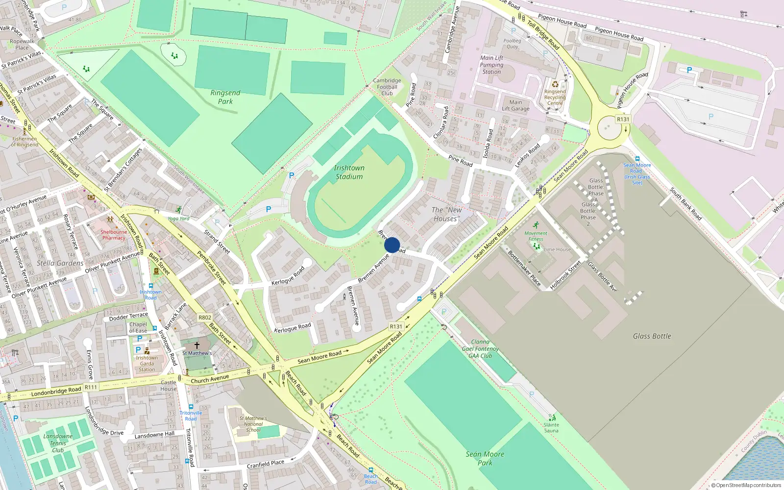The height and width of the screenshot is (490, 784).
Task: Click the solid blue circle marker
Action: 392,245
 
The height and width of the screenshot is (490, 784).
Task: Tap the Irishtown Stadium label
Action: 349,172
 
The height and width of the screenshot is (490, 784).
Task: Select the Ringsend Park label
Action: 225,97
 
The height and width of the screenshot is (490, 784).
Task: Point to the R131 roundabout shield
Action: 623,119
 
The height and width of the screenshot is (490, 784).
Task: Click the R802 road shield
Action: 205,318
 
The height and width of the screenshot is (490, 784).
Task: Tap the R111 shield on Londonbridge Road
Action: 91,387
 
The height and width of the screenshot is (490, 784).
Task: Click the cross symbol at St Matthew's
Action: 197,345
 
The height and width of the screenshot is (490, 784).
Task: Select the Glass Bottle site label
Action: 652,336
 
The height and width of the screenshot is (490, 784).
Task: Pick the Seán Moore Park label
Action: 485,458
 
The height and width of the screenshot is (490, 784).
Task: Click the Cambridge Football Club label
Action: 387,87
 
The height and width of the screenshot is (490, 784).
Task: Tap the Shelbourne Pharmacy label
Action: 114,235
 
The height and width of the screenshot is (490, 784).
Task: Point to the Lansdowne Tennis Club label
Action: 58,443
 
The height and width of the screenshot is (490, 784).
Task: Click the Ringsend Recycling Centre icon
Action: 555,84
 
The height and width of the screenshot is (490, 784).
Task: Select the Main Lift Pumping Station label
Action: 491,65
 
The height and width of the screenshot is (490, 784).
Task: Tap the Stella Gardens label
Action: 60,263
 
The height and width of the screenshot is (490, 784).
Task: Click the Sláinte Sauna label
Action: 551,428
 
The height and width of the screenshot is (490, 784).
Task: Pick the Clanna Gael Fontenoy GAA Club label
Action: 480,349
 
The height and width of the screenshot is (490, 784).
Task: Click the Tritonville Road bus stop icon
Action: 191,407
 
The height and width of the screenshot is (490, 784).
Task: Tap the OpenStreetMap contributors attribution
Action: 746,485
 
